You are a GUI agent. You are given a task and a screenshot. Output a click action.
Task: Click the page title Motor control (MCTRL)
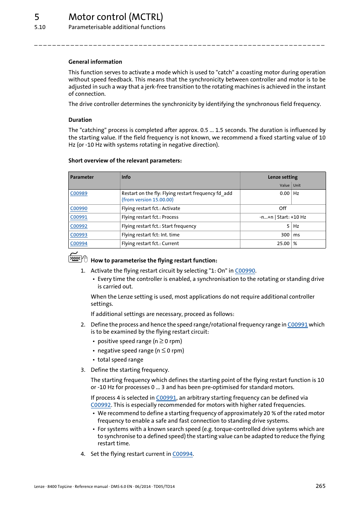coord(115,17)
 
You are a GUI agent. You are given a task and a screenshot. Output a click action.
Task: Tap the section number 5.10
coord(40,27)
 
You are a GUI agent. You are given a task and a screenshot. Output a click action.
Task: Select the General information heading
coord(95,62)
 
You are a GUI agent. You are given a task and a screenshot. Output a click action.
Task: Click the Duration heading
coord(80,120)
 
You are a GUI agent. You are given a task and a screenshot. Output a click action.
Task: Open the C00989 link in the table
coord(78,193)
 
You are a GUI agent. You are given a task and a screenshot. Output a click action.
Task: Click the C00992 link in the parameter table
coord(78,226)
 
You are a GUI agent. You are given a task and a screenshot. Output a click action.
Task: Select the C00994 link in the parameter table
coord(78,244)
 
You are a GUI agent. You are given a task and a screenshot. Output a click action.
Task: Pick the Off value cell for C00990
coord(283,209)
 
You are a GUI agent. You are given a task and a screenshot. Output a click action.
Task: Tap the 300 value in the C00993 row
coord(285,235)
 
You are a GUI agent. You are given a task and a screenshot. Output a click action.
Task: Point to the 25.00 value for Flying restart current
coord(283,244)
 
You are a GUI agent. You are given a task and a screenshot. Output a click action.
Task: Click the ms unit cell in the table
coord(297,235)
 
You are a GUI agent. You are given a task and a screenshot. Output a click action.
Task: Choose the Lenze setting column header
coord(283,177)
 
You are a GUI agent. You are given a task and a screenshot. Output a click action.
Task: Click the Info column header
coord(126,177)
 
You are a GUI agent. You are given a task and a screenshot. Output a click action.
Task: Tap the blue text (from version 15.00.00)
coord(148,200)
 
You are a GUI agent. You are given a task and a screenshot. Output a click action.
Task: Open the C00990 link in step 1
coord(245,271)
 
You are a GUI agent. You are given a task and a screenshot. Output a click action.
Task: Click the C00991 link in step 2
coord(297,325)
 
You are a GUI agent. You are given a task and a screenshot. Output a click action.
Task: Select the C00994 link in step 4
coord(182,454)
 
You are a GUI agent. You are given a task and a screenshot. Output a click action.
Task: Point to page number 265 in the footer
coord(320,486)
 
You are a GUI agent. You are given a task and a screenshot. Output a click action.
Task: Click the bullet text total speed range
coord(120,360)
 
